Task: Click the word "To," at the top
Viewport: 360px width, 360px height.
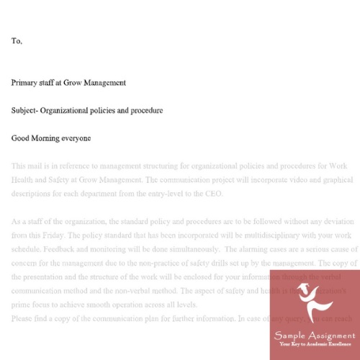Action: [17, 41]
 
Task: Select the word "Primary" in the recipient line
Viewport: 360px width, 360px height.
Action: [25, 83]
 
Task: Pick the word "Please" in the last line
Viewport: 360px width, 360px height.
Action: [22, 317]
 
